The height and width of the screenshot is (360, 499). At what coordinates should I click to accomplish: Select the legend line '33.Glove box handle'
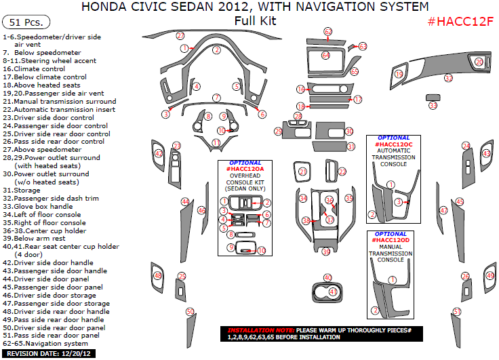(43, 206)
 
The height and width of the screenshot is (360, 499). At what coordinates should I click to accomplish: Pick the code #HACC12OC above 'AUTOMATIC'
(393, 144)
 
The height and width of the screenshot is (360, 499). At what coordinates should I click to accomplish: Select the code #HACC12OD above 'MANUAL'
(393, 240)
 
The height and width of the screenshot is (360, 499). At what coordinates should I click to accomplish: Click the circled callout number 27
(180, 35)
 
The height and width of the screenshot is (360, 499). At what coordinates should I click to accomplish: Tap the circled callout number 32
(448, 79)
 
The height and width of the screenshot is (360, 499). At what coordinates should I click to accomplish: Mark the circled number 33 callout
(433, 105)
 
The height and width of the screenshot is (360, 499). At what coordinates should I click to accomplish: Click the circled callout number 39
(326, 252)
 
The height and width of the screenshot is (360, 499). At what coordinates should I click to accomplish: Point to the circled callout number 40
(327, 278)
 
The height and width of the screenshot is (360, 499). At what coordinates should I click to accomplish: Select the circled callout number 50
(191, 311)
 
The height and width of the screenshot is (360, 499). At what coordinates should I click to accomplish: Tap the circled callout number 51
(458, 311)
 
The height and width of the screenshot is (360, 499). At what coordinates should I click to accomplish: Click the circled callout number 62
(328, 32)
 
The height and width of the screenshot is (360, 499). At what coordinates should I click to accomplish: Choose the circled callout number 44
(184, 201)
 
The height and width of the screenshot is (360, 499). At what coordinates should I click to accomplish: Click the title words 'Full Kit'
(255, 20)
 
